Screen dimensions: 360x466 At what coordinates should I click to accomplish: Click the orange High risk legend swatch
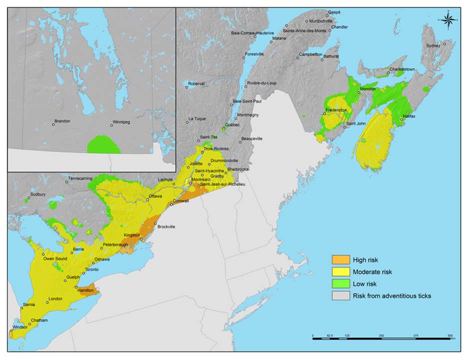341,260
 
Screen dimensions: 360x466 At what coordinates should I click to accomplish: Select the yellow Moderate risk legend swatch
341,272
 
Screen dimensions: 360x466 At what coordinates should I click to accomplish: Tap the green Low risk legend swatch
341,284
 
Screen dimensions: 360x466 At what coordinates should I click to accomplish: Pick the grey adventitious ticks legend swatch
341,296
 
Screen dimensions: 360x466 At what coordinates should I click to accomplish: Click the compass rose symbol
448,19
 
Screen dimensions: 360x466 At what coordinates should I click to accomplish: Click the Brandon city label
62,121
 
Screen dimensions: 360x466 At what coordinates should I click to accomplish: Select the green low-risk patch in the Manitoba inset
103,145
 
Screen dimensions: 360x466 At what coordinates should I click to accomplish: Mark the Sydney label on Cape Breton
433,45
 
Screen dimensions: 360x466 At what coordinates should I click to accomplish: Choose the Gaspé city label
333,11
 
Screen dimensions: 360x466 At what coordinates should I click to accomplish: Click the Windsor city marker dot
10,330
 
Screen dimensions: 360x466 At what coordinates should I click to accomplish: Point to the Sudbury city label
38,194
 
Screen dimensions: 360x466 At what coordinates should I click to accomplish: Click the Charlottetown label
403,69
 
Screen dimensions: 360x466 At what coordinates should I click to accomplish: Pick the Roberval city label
197,83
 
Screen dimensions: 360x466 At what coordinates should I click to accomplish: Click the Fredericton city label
336,110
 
